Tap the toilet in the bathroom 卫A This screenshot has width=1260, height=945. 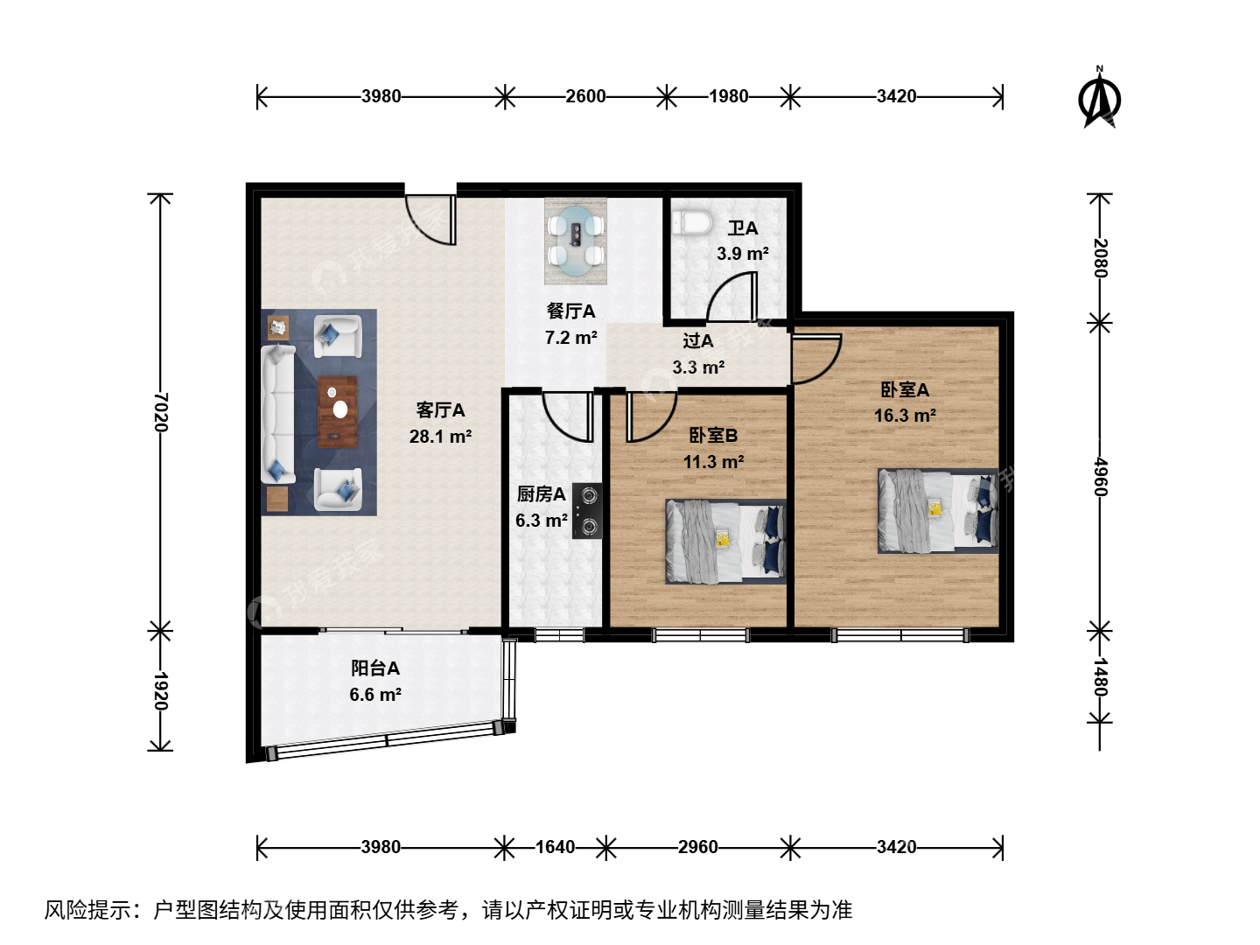pos(692,222)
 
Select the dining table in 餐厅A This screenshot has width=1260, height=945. pos(575,241)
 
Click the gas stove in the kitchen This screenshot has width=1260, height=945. pos(587,510)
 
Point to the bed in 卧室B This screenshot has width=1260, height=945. pos(725,542)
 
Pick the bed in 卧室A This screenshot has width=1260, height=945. pos(938,511)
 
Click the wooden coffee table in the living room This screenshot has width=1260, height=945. pos(338,411)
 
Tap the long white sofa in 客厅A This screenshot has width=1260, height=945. pos(278,413)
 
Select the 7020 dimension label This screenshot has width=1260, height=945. pos(161,412)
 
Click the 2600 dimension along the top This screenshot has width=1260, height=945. pos(585,96)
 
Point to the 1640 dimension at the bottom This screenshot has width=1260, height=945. pos(555,847)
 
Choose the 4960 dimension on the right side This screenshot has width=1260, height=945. pos(1099,476)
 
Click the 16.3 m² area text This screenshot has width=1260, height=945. pos(905,415)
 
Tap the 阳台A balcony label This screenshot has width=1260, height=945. pos(375,668)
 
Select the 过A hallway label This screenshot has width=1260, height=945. pos(698,341)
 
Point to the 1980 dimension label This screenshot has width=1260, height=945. pos(729,96)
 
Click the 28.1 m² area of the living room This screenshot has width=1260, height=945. pos(440,437)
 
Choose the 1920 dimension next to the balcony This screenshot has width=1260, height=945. pos(161,691)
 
